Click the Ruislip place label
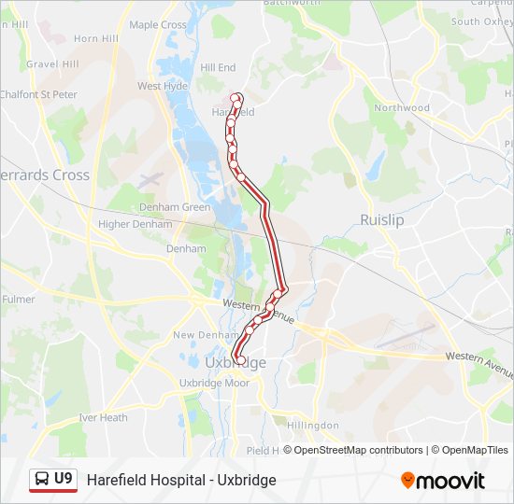coord(381,220)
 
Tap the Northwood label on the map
coord(402,108)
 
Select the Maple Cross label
coord(158,25)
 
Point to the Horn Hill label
coord(96,39)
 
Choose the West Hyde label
coord(163,86)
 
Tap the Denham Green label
coord(175,207)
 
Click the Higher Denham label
coord(135,224)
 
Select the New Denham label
coord(201,335)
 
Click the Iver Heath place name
coord(103,417)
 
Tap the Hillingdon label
coord(313,426)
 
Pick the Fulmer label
coord(18,300)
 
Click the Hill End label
coord(218,68)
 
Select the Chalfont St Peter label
coord(39,94)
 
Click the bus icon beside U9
coord(42,480)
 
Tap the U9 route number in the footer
coord(64,479)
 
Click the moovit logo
coord(443,481)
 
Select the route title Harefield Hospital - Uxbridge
coord(181,480)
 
